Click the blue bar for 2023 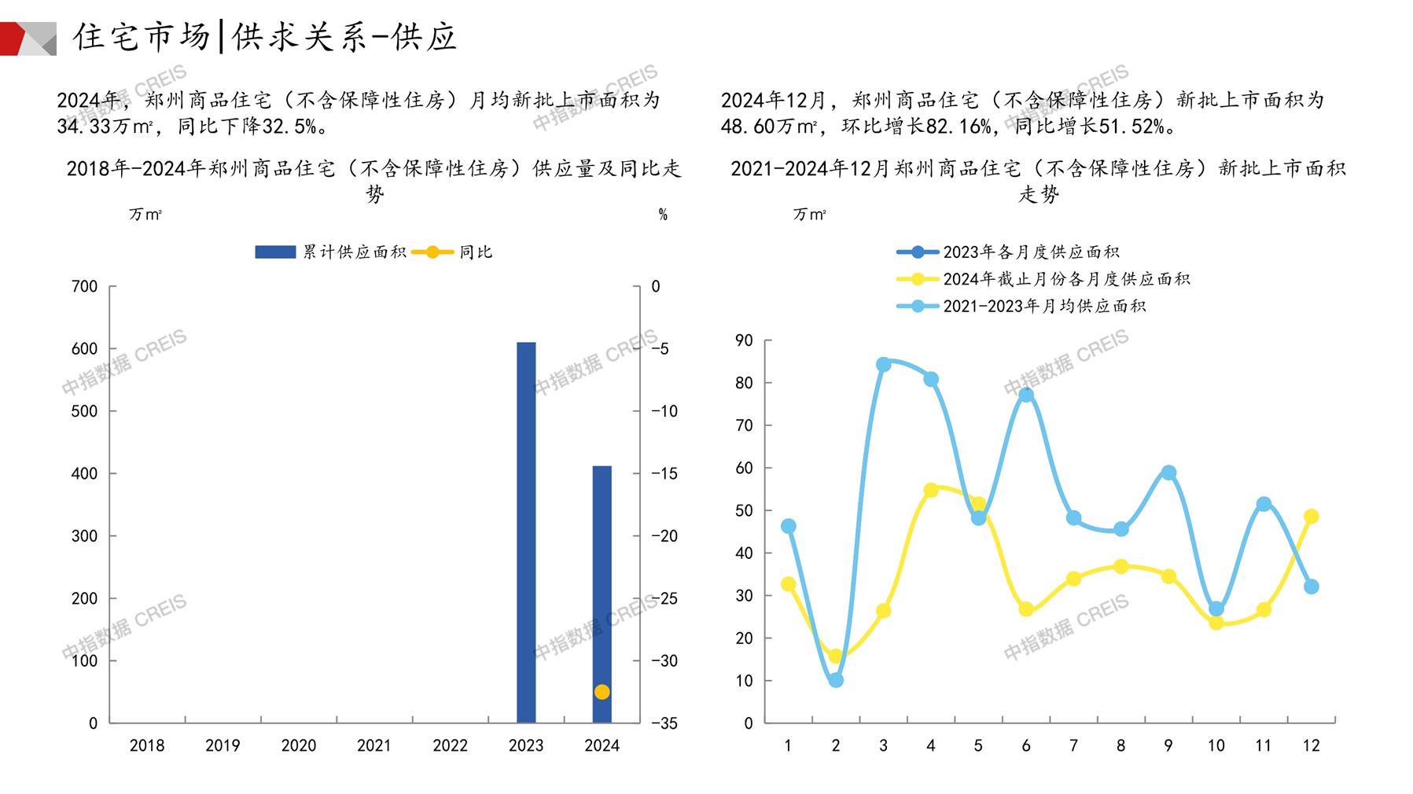(x=526, y=532)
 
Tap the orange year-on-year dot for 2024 (x=602, y=692)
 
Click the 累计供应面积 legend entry (x=331, y=252)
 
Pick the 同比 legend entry (x=452, y=252)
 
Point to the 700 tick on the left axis (x=85, y=287)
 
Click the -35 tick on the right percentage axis (x=664, y=723)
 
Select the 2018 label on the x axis (x=147, y=745)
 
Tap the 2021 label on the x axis (x=373, y=745)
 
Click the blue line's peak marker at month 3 (x=883, y=365)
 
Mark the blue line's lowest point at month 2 (x=836, y=680)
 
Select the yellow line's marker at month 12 (x=1311, y=516)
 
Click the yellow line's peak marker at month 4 (x=931, y=490)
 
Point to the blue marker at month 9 (x=1168, y=472)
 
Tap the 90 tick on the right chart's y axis (x=744, y=340)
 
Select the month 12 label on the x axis (x=1311, y=745)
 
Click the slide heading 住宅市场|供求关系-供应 (x=265, y=37)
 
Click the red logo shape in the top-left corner (x=16, y=39)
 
